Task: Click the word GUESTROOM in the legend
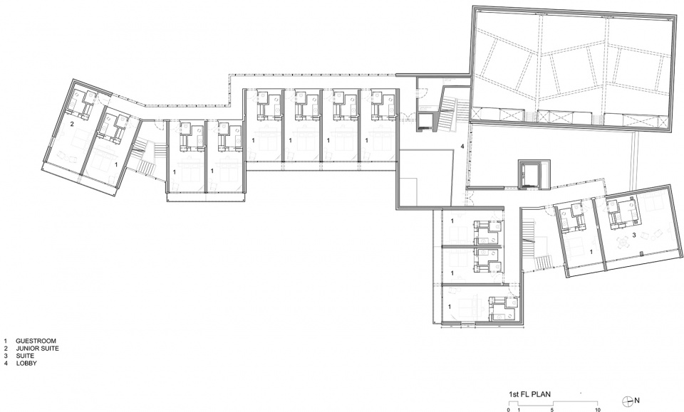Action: tap(36, 341)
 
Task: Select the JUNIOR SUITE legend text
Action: tap(37, 349)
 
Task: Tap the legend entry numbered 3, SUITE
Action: tap(25, 356)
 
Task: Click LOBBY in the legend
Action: tap(26, 363)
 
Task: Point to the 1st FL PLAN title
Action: tap(529, 395)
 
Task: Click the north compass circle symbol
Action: tap(628, 400)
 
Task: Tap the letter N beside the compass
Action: tap(637, 400)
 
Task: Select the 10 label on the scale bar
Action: tap(598, 410)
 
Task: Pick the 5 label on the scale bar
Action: tap(552, 410)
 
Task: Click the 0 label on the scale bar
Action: tap(509, 410)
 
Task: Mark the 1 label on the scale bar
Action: tap(519, 410)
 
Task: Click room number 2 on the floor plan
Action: tap(73, 124)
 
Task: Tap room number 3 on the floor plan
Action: tap(634, 236)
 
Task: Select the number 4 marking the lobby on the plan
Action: tap(462, 147)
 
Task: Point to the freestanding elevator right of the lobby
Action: tap(529, 174)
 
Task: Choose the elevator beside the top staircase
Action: tap(425, 122)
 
